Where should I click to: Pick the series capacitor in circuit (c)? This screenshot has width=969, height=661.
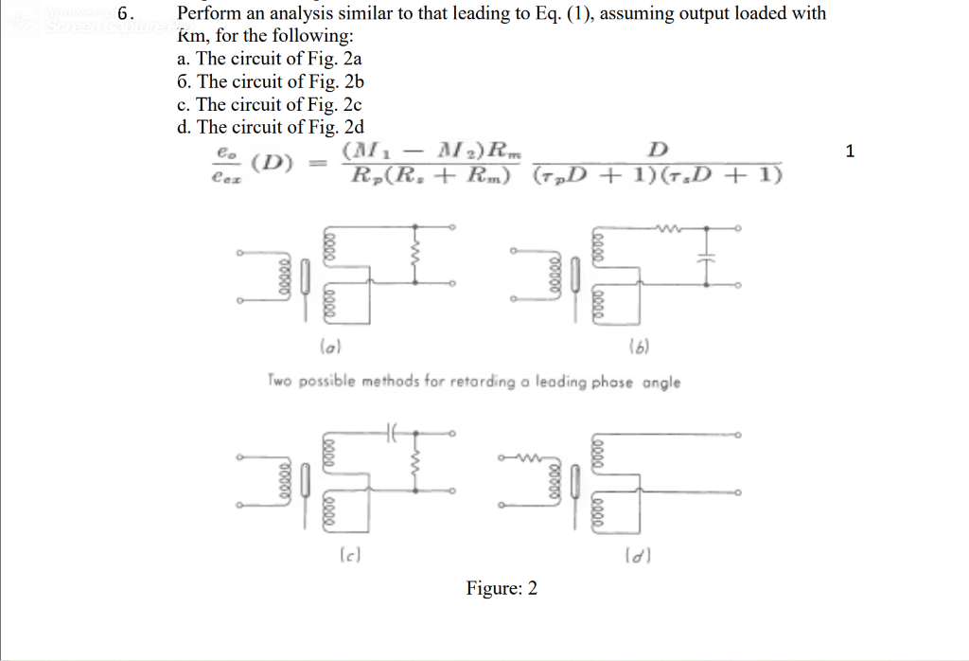coord(390,433)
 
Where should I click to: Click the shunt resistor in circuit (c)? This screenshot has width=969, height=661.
coord(414,462)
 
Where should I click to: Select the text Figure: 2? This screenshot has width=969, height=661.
coord(501,588)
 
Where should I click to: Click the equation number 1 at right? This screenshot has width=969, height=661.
coord(850,151)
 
